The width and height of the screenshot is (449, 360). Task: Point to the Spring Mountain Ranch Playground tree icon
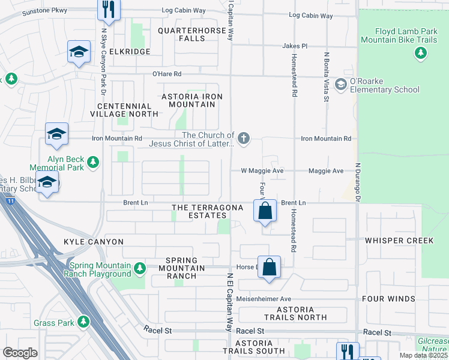pyautogui.click(x=139, y=268)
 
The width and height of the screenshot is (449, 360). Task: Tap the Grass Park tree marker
pyautogui.click(x=83, y=323)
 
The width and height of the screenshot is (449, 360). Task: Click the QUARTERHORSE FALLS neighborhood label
pyautogui.click(x=190, y=34)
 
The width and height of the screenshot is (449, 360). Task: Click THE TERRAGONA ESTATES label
pyautogui.click(x=207, y=212)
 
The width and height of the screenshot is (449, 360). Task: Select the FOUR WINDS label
pyautogui.click(x=388, y=299)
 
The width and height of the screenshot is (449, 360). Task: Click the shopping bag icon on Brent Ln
pyautogui.click(x=265, y=211)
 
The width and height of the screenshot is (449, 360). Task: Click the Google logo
pyautogui.click(x=20, y=353)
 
